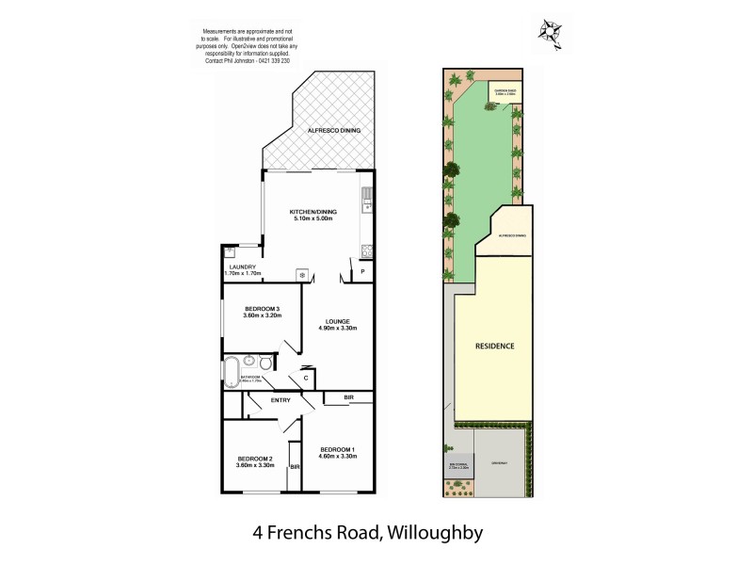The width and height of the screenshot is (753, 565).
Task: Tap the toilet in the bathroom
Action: pyautogui.click(x=267, y=364)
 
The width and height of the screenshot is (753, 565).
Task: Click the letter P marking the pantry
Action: pyautogui.click(x=362, y=272)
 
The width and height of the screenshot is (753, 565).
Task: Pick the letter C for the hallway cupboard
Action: pyautogui.click(x=307, y=379)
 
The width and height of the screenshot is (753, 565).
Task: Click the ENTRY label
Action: pyautogui.click(x=280, y=401)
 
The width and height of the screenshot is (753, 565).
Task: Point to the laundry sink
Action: pyautogui.click(x=230, y=252)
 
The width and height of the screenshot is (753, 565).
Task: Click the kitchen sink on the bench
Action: pyautogui.click(x=366, y=202)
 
